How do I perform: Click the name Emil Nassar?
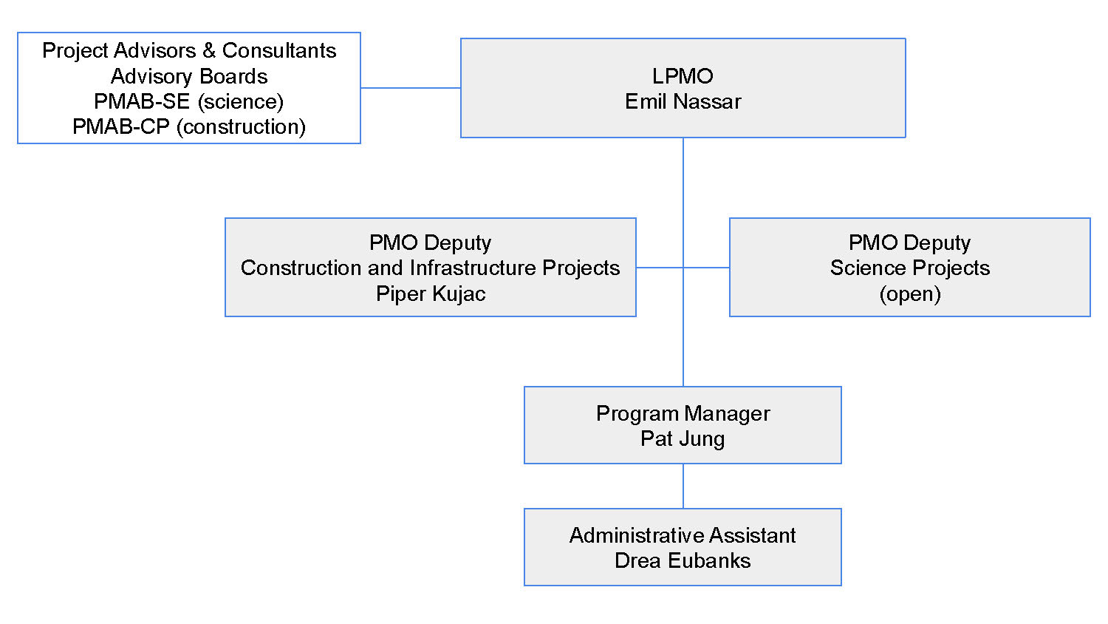click(x=683, y=101)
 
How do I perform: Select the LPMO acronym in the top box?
click(x=683, y=76)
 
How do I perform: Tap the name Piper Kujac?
click(x=430, y=294)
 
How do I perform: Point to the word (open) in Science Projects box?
click(x=909, y=294)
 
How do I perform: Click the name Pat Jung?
click(x=683, y=438)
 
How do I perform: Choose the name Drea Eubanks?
click(x=683, y=560)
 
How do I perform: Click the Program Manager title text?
click(x=683, y=413)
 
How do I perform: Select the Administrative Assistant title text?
click(x=683, y=535)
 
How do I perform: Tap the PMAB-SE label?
click(x=142, y=101)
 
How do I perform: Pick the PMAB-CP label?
click(x=120, y=126)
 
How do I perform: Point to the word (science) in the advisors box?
click(x=241, y=101)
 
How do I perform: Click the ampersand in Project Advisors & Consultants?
click(x=209, y=50)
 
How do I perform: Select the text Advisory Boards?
click(x=189, y=76)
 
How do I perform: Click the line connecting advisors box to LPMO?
click(x=410, y=88)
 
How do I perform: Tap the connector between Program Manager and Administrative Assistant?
click(x=683, y=486)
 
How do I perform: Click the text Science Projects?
click(x=909, y=268)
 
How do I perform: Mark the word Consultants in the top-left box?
click(x=278, y=50)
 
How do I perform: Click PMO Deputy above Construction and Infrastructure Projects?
click(x=430, y=243)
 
